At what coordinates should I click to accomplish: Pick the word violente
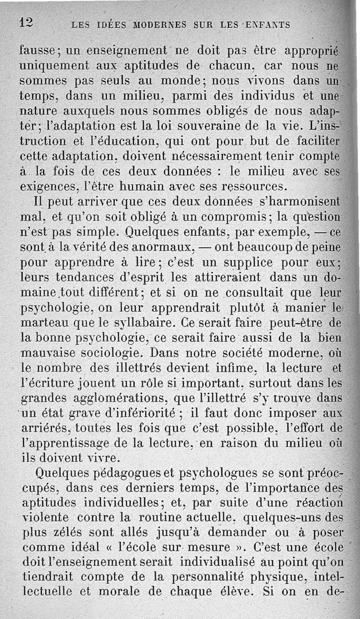(x=44, y=519)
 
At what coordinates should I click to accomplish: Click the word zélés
(x=66, y=534)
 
